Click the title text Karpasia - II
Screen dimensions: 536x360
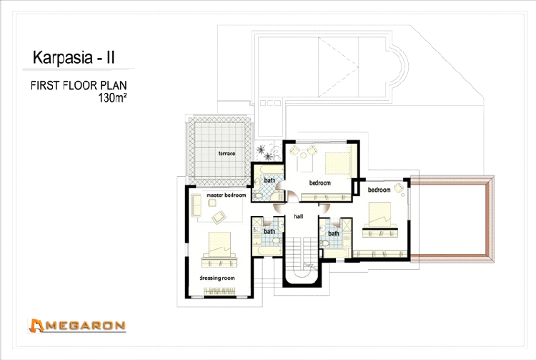pos(74,57)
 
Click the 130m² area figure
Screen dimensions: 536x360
pos(112,98)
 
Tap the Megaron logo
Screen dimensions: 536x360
pos(77,326)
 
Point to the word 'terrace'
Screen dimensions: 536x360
pos(227,153)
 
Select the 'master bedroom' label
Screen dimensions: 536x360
pos(227,195)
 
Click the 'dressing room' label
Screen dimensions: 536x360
pos(217,278)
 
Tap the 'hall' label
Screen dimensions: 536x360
pos(299,216)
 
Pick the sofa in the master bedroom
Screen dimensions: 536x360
pos(196,205)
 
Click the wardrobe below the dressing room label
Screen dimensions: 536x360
pos(219,291)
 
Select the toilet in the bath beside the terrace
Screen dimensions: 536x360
pos(258,195)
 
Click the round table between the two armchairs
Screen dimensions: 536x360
pos(303,156)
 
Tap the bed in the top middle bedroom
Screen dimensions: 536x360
pos(338,164)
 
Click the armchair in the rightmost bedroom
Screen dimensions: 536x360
pos(398,188)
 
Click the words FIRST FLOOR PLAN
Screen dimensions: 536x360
pos(79,85)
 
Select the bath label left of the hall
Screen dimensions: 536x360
pos(269,232)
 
